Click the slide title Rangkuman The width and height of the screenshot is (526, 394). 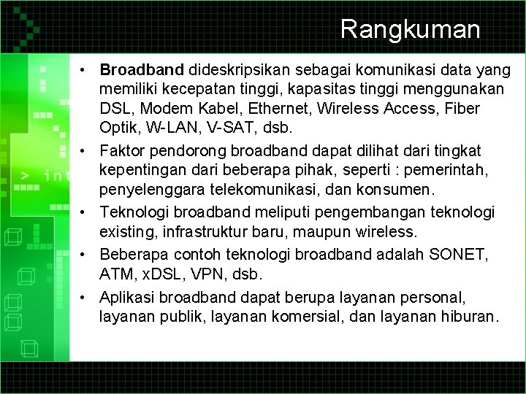(410, 29)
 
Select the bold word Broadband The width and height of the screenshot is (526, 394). (142, 71)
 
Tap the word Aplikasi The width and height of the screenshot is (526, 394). (129, 298)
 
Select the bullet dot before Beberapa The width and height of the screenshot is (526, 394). (86, 255)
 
